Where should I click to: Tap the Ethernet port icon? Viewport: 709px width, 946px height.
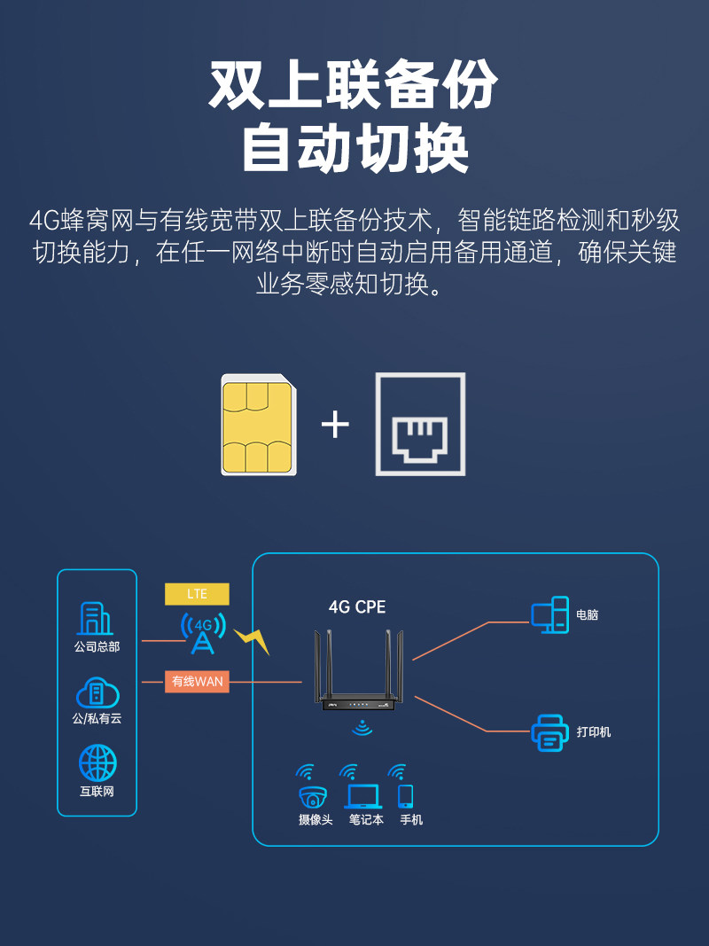click(x=420, y=424)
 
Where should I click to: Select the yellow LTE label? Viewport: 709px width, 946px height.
click(x=197, y=593)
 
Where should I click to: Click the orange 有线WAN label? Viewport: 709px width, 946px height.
click(x=197, y=681)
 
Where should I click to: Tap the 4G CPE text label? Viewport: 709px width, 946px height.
click(x=357, y=607)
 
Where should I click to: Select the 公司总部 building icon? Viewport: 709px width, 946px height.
click(x=97, y=619)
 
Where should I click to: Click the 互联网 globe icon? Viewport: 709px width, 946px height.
click(x=97, y=763)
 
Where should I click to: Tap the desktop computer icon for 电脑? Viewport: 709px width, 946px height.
click(x=549, y=614)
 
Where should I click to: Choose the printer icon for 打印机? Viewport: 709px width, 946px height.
click(x=549, y=732)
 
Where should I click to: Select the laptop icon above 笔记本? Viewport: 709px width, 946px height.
click(x=362, y=795)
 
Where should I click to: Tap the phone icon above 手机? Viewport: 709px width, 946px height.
click(x=406, y=794)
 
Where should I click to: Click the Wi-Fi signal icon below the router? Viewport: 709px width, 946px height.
click(x=361, y=728)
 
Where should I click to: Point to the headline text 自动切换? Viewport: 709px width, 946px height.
click(x=354, y=148)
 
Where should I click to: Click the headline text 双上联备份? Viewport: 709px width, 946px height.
click(x=354, y=86)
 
